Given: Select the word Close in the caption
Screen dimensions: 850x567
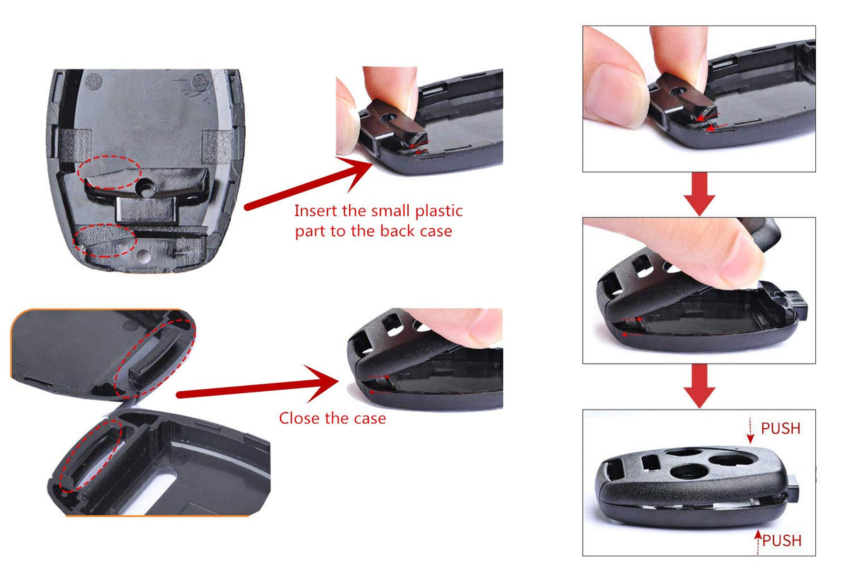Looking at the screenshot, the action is [x=297, y=418].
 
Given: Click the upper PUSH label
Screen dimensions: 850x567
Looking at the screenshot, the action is [x=781, y=428].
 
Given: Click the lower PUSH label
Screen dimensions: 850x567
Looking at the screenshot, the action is [x=782, y=540].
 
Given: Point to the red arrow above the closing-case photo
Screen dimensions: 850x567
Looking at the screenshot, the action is [x=699, y=193].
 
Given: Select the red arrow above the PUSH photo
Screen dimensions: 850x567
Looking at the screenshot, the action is [x=699, y=386].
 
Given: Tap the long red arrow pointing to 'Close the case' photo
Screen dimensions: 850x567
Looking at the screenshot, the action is [x=258, y=387].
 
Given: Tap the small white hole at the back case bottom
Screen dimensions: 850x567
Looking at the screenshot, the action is [x=143, y=256].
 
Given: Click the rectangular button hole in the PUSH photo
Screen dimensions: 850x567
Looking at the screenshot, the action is [x=650, y=464].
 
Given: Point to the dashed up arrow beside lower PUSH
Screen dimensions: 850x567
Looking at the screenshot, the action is [x=757, y=542].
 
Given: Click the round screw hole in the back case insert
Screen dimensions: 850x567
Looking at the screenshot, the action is [x=145, y=188].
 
